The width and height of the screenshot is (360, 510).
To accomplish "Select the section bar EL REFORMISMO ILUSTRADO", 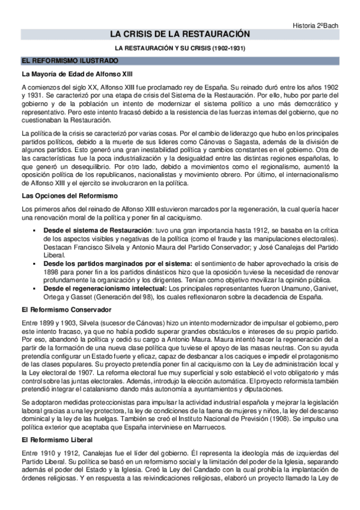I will click(70, 61).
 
